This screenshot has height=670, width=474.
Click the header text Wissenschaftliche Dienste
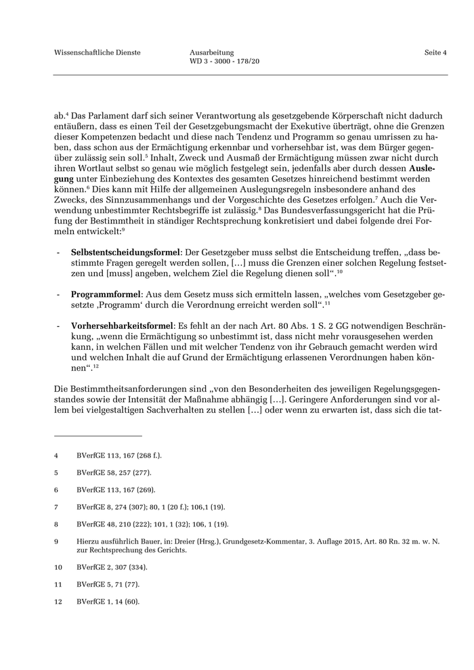tap(97, 52)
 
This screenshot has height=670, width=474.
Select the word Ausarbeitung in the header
tap(212, 52)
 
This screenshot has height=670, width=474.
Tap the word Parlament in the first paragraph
tap(108, 114)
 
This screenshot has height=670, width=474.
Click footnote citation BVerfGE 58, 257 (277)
tap(114, 472)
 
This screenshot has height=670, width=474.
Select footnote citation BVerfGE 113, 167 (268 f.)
tap(119, 455)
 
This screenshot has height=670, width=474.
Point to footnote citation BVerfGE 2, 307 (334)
tap(112, 566)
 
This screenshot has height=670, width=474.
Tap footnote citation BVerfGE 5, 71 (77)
tap(108, 583)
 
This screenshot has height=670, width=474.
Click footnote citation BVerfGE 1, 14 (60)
tap(108, 600)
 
